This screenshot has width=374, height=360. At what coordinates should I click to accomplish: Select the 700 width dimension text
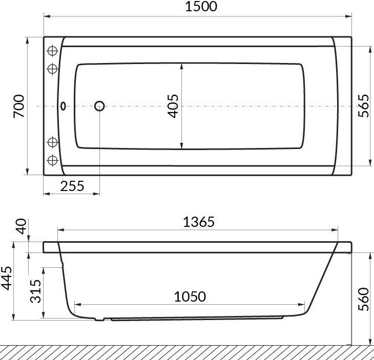[x=19, y=106]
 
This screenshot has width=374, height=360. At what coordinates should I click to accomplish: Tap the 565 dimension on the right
[x=363, y=106]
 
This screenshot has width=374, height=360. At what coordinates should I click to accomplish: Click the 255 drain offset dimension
[x=72, y=186]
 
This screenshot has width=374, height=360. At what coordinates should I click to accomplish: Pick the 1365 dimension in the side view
[x=198, y=222]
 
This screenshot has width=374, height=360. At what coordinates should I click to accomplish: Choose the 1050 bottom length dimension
[x=190, y=297]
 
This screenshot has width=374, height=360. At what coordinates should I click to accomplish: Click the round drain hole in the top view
[x=99, y=107]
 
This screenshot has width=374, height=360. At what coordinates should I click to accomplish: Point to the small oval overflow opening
[x=64, y=107]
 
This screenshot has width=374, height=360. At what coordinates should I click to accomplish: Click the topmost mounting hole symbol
[x=52, y=51]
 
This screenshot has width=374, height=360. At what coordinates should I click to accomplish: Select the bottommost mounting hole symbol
[x=52, y=160]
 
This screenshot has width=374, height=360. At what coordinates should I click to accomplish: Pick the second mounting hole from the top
[x=52, y=69]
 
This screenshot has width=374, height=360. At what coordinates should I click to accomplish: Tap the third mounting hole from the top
[x=52, y=142]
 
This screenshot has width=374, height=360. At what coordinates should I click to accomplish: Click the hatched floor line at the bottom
[x=187, y=352]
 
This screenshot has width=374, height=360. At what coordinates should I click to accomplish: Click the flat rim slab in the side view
[x=198, y=247]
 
